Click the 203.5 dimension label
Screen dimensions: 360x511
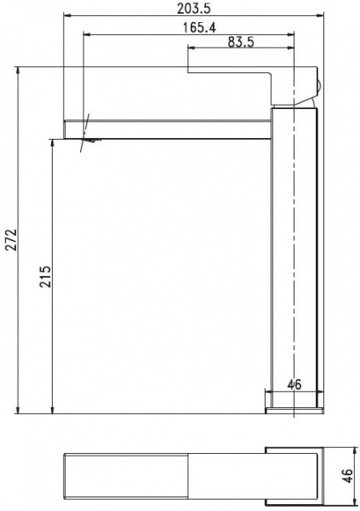point(194,9)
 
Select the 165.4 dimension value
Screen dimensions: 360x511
point(199,27)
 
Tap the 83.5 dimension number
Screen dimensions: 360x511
point(241,42)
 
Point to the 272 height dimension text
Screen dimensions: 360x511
point(12,240)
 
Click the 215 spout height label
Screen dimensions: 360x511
point(45,277)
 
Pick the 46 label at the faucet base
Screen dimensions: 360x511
point(294,385)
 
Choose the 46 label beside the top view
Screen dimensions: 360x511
point(347,476)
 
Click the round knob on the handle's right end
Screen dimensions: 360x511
point(319,86)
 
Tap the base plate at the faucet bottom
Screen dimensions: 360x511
point(294,411)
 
